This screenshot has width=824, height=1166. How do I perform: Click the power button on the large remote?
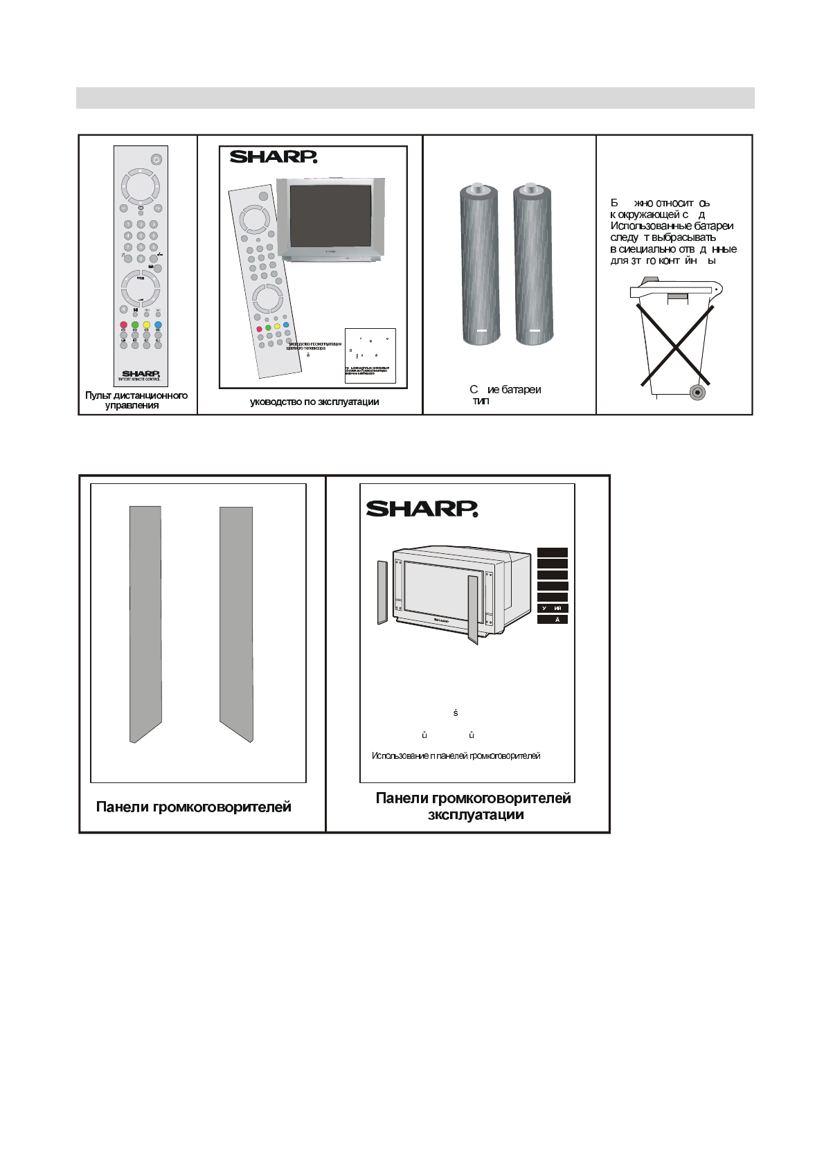[x=156, y=159]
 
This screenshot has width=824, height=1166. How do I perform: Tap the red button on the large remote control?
[x=123, y=325]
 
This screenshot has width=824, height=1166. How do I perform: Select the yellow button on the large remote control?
[x=146, y=325]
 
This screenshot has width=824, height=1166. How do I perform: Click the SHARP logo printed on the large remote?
[x=141, y=374]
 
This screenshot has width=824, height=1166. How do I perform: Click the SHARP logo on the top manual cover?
[x=273, y=157]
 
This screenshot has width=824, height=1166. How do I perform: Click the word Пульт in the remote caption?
[x=98, y=395]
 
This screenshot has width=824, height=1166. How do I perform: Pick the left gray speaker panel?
[x=145, y=623]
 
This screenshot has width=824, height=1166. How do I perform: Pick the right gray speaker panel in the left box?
[x=236, y=623]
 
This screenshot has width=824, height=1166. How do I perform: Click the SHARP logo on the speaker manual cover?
[x=422, y=509]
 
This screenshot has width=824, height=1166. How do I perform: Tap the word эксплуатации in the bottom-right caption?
[x=476, y=815]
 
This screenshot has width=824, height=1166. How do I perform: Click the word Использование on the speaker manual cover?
[x=400, y=755]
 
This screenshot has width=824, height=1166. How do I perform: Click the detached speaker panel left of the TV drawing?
[x=382, y=593]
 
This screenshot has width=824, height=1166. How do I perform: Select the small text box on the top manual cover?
[x=370, y=355]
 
